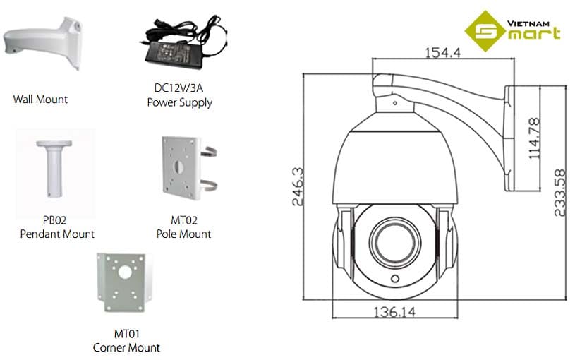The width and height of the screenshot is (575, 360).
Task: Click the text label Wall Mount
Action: click(40, 100)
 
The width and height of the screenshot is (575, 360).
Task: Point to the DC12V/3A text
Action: click(179, 88)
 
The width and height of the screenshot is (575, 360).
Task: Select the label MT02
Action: click(183, 220)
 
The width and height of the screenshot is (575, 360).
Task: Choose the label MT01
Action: click(126, 334)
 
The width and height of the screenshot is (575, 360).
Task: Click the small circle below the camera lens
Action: click(393, 280)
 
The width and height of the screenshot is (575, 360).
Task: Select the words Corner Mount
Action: click(126, 347)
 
